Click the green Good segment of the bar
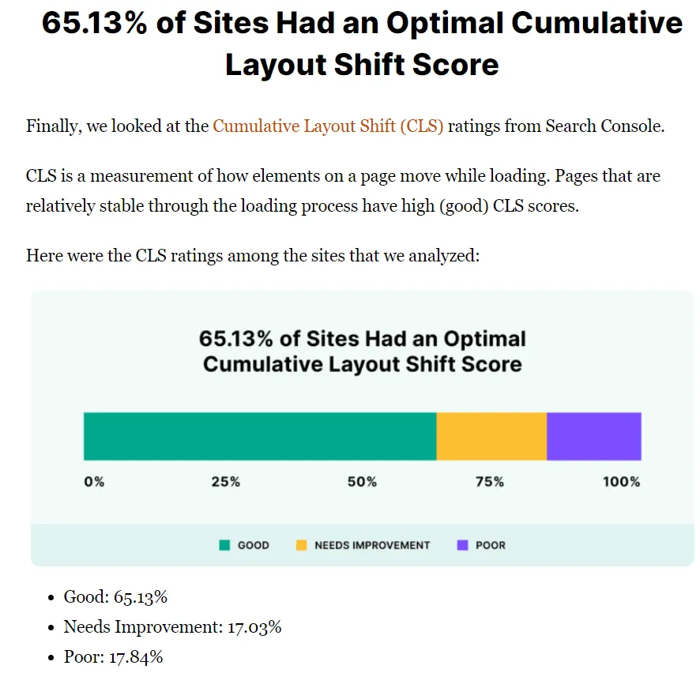(260, 436)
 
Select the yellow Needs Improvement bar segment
(491, 436)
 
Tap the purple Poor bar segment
(593, 436)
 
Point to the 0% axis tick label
(94, 482)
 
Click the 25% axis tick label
(225, 482)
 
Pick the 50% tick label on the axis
(362, 482)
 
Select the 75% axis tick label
(490, 482)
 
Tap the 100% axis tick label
(621, 482)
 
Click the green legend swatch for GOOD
(224, 545)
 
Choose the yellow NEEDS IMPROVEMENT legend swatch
(301, 545)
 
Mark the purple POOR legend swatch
(462, 545)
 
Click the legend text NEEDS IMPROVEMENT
(372, 545)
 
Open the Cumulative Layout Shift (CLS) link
(328, 126)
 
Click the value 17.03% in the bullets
(255, 627)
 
